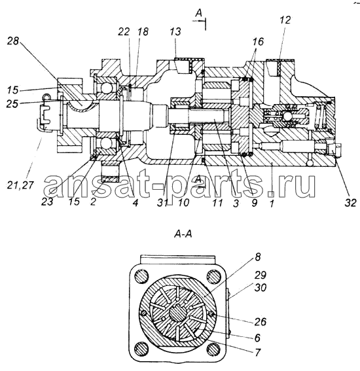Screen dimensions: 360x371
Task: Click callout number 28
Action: (13, 41)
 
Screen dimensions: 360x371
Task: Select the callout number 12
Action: (285, 20)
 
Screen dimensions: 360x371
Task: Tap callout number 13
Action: (175, 31)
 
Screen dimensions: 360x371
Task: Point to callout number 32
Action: (350, 203)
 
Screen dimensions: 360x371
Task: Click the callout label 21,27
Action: (20, 185)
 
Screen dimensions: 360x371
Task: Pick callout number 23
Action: (47, 202)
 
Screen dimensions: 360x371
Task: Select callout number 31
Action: (163, 203)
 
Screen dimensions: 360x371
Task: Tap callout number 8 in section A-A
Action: (258, 256)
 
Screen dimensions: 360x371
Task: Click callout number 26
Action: (261, 321)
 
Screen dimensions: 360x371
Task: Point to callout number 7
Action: (258, 352)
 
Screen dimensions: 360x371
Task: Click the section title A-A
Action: (183, 234)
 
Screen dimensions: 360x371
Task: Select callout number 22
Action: (124, 31)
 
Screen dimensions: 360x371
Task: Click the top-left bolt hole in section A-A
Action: (142, 276)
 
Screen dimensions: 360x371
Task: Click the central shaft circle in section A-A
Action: (179, 312)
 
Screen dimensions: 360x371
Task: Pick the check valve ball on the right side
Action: (287, 116)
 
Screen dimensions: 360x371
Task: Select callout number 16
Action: (258, 42)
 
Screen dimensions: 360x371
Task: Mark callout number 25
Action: (13, 103)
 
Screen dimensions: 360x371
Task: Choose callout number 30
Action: (261, 287)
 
